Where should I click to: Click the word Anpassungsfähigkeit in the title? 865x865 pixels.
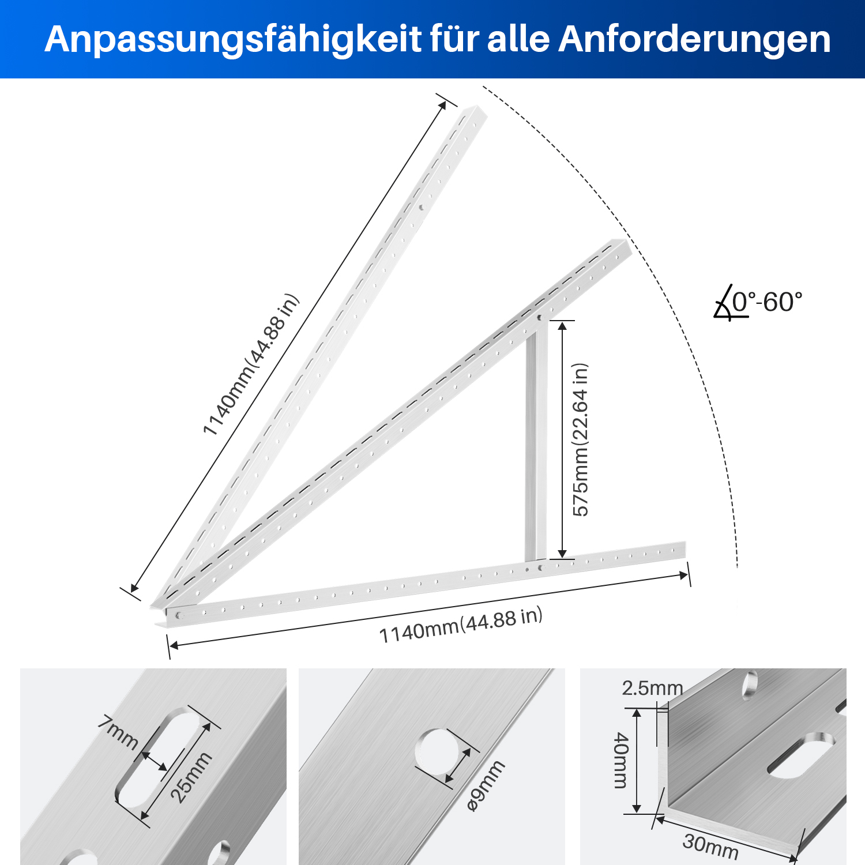pyautogui.click(x=233, y=40)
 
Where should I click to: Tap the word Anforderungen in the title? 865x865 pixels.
pyautogui.click(x=694, y=39)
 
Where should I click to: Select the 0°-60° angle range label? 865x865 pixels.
pyautogui.click(x=768, y=302)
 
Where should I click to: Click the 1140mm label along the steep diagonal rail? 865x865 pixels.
pyautogui.click(x=251, y=364)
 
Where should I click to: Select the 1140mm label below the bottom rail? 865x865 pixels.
pyautogui.click(x=461, y=625)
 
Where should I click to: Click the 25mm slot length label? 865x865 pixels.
pyautogui.click(x=191, y=778)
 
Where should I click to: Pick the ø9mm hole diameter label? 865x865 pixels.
pyautogui.click(x=486, y=785)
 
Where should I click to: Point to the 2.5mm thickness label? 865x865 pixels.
pyautogui.click(x=652, y=688)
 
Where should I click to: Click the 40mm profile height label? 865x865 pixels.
pyautogui.click(x=620, y=760)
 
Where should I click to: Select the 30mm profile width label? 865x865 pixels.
pyautogui.click(x=710, y=846)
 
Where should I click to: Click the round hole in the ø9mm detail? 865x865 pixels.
pyautogui.click(x=438, y=753)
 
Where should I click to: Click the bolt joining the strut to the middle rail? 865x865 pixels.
pyautogui.click(x=540, y=318)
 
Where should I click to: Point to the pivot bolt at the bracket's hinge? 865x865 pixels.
pyautogui.click(x=178, y=615)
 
